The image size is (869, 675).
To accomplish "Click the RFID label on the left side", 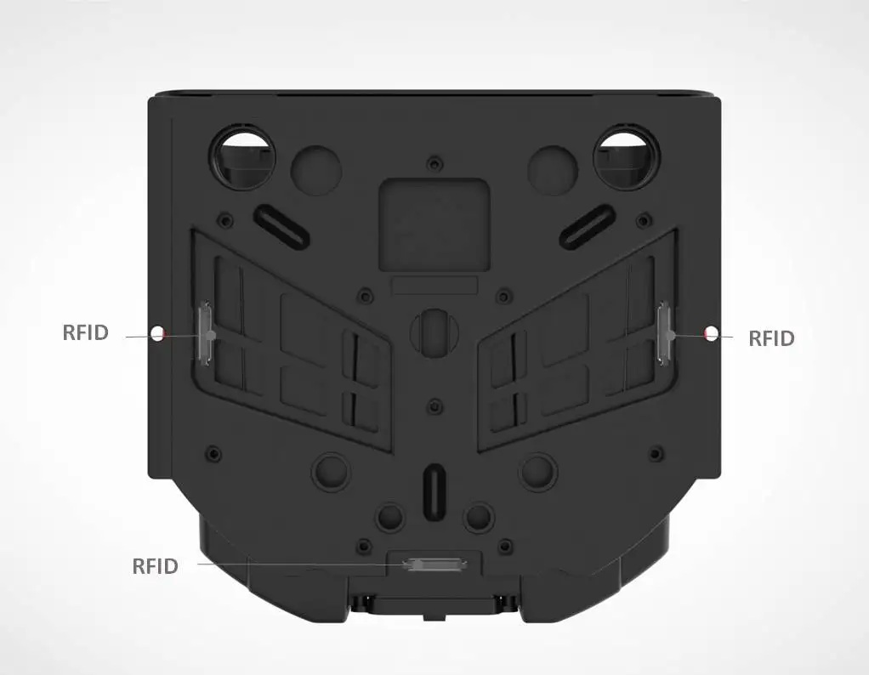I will [x=86, y=332].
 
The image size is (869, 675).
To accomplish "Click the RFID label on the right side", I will [x=770, y=338].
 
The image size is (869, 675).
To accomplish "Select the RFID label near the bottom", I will [x=155, y=566].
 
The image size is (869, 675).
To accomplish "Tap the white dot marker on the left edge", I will [x=156, y=333].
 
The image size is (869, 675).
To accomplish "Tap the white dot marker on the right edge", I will [x=712, y=332].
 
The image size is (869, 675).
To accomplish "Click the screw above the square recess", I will [x=435, y=162].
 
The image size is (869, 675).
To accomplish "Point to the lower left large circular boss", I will [x=330, y=470].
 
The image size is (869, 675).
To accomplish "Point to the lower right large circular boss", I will [x=539, y=470].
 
